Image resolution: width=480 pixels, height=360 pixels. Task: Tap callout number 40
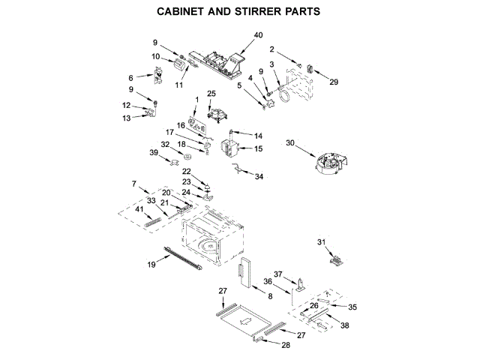258,35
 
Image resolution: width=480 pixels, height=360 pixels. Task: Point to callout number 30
289,142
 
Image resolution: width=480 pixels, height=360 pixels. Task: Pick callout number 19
151,265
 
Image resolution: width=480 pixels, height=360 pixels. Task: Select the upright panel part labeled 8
244,274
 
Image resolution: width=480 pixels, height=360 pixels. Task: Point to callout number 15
258,149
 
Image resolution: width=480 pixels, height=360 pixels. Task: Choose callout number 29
334,81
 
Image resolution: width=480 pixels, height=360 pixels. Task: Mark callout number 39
154,152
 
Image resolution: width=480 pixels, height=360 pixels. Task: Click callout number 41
139,210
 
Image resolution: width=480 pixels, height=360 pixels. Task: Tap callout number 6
130,77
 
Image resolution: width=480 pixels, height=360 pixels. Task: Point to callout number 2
272,51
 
